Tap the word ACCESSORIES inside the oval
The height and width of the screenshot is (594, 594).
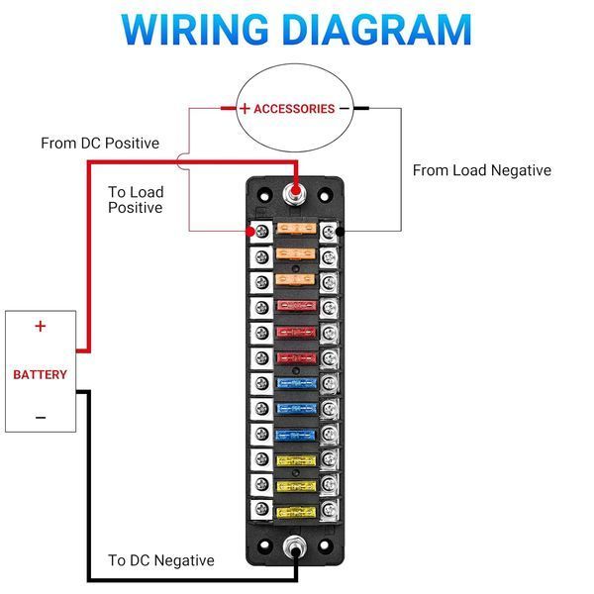(294, 109)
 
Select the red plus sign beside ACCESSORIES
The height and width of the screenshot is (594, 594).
(245, 109)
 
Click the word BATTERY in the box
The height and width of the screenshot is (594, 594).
(41, 374)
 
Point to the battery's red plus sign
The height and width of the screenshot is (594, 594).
(41, 326)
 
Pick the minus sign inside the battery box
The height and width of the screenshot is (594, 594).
(41, 418)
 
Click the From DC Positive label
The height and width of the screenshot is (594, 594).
(100, 144)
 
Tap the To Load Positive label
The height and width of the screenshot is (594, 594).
(136, 200)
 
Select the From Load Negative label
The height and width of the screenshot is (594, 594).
(482, 170)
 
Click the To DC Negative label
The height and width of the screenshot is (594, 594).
(161, 560)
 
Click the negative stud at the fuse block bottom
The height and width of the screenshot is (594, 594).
(295, 546)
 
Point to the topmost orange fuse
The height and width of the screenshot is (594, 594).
(297, 229)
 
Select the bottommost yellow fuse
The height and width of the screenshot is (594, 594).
(296, 513)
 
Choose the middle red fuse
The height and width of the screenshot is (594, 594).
(296, 333)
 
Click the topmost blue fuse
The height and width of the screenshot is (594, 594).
(297, 384)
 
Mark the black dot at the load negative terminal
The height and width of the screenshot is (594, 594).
(341, 231)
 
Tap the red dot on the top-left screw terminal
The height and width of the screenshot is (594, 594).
(250, 231)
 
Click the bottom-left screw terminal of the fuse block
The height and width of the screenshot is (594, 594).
(261, 509)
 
